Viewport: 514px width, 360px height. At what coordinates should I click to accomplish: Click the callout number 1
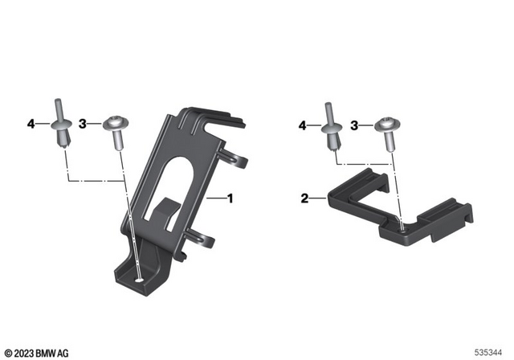(x=230, y=197)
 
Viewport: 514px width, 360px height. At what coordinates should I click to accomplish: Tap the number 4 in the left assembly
(x=31, y=125)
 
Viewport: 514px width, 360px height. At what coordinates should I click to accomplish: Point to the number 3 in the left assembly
(x=84, y=125)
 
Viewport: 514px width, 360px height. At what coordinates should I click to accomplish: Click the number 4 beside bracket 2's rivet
(x=303, y=126)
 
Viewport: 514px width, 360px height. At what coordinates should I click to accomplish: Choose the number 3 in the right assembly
(x=355, y=126)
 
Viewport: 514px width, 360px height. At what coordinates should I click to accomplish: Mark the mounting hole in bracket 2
(x=401, y=231)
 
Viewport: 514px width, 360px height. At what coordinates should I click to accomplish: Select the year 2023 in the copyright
(x=25, y=352)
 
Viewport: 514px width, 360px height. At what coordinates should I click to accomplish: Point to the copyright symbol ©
(x=7, y=352)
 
